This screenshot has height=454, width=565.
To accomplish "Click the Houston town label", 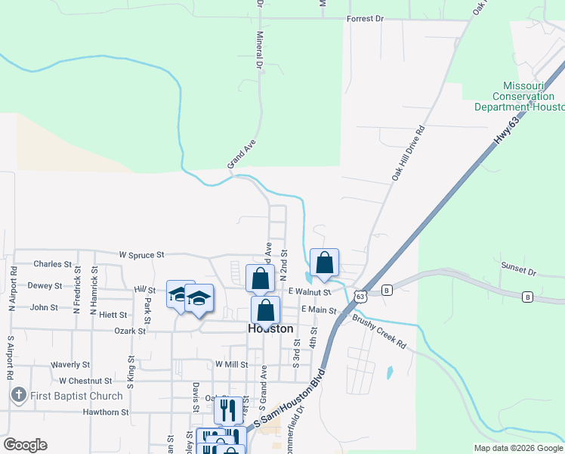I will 270,329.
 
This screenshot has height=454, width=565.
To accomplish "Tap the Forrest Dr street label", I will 365,18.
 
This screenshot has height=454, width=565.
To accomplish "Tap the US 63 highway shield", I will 360,296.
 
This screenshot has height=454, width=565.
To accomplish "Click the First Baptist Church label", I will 76,396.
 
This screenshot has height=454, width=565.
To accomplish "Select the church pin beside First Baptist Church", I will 18,395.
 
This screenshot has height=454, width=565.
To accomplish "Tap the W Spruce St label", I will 141,255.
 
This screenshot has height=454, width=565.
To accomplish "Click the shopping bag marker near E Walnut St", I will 324,263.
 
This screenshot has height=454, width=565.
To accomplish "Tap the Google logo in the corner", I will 25,445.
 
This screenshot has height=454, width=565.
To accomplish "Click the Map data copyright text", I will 517,448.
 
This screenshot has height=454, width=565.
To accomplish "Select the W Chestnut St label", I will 85,381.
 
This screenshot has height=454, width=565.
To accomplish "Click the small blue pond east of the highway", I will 389,372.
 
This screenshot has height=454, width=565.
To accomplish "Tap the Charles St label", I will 52,265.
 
